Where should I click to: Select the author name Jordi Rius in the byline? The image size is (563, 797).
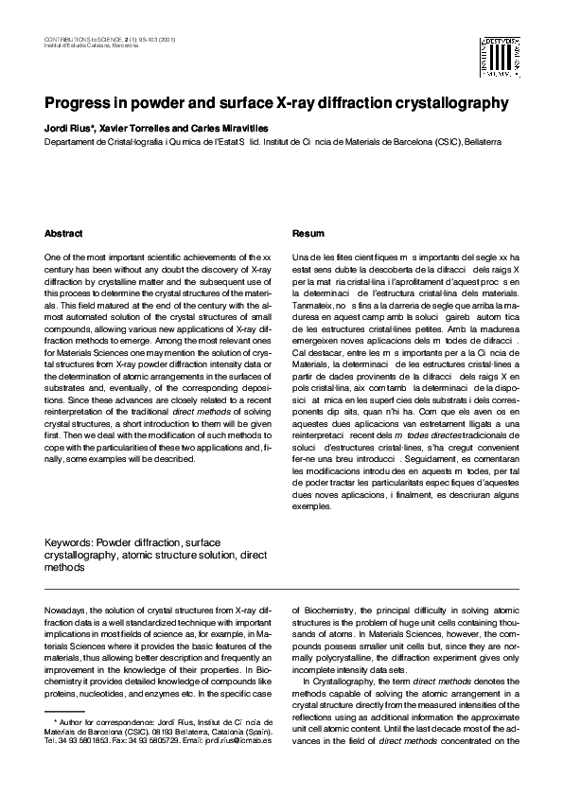coord(67,127)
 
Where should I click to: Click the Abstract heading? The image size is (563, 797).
coord(63,233)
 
